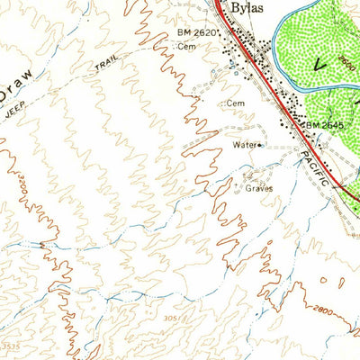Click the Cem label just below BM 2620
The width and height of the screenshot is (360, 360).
pyautogui.click(x=186, y=46)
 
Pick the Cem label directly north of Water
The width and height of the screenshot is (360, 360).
pyautogui.click(x=236, y=103)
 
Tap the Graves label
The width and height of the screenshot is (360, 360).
pyautogui.click(x=257, y=189)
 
